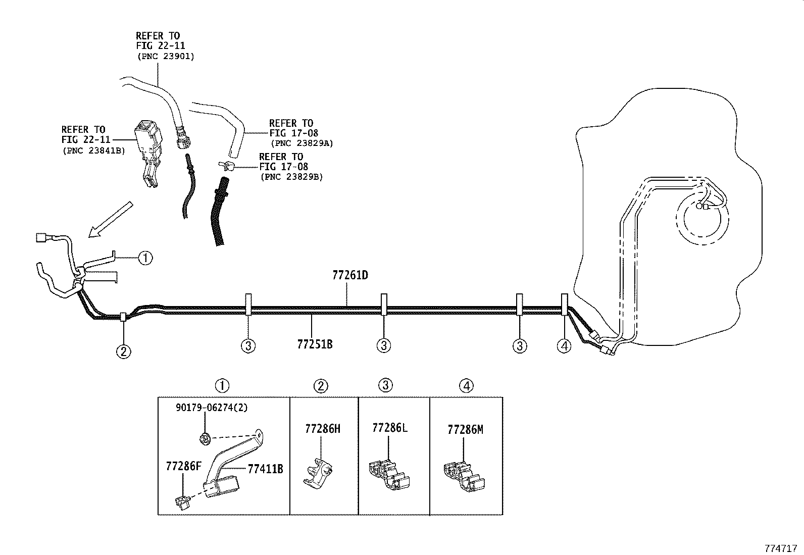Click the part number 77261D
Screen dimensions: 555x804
[x=350, y=276]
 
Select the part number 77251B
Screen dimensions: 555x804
[x=315, y=344]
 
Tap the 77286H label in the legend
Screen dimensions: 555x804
[x=322, y=429]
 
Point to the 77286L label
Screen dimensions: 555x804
[x=389, y=428]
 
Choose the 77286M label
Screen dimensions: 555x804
[x=465, y=430]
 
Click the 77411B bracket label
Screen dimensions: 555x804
[x=265, y=469]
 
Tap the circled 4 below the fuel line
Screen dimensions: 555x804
[x=564, y=346]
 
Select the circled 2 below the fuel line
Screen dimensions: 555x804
[x=124, y=351]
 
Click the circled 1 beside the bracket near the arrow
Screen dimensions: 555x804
[x=145, y=258]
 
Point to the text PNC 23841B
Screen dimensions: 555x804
[x=93, y=150]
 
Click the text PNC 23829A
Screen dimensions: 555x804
[x=302, y=143]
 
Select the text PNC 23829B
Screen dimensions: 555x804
[x=291, y=177]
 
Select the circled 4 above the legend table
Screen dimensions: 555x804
[x=466, y=386]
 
